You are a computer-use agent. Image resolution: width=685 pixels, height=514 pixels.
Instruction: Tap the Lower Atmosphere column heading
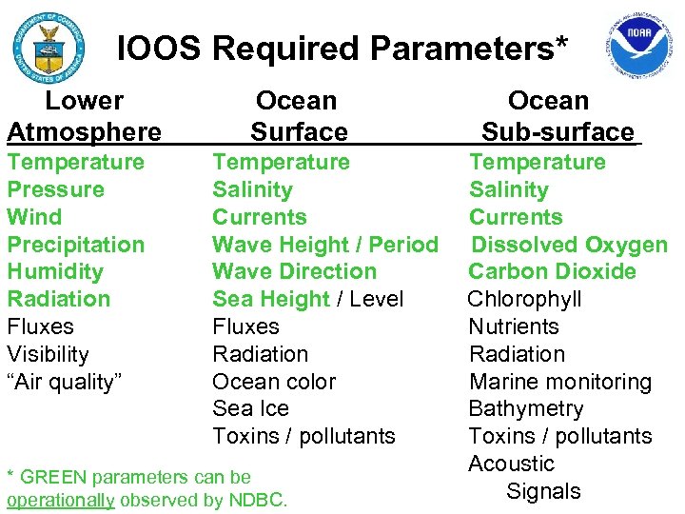point(84,115)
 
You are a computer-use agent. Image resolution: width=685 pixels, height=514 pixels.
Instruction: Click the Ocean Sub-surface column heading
point(555,115)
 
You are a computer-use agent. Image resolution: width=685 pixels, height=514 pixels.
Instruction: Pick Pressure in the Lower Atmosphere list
point(56,189)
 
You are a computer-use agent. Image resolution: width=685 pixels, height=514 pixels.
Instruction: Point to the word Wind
point(34,217)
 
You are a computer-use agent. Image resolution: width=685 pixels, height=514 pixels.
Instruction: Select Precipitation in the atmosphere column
point(76,245)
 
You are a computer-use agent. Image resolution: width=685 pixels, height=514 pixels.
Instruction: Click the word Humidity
point(55,271)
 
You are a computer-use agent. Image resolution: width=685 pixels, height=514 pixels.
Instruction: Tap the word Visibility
point(49,354)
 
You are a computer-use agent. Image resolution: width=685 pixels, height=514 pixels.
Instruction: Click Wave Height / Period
point(325,245)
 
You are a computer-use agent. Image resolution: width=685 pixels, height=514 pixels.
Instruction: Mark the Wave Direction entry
point(295,271)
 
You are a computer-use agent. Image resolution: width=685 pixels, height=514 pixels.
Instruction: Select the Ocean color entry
point(274,382)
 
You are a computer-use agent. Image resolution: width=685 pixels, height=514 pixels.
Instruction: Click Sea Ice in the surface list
point(250,408)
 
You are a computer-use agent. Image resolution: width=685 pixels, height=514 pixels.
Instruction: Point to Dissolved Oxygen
point(570,245)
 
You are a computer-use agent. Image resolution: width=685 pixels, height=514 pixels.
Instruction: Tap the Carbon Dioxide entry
point(552,271)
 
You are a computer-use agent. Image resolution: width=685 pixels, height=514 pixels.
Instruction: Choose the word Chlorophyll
point(524,299)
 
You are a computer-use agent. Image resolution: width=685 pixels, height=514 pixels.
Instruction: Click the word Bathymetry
point(526,408)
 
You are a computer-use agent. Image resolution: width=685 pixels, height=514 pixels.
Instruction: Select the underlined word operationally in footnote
point(61,500)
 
